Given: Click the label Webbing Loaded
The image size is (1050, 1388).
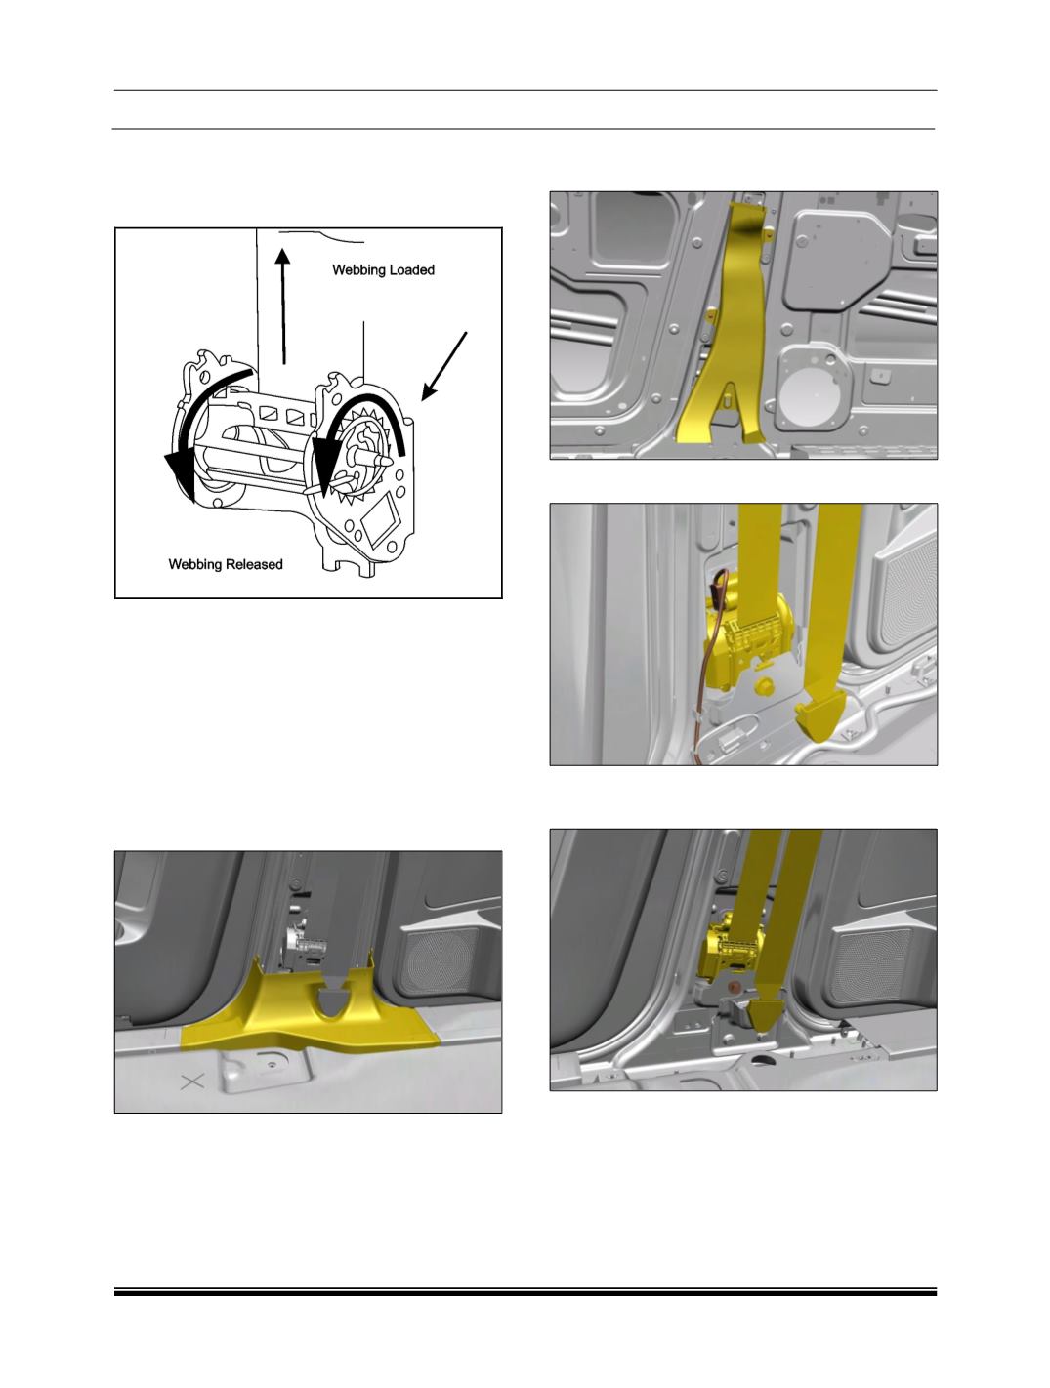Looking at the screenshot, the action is pos(383,270).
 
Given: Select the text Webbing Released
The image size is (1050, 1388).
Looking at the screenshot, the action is pos(226,564).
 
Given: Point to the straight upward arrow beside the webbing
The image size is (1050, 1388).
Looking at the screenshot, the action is pos(283,306).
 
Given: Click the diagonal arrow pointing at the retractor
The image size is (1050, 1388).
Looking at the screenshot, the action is pos(444,366).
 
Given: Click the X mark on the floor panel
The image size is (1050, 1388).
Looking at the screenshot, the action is pos(192,1082).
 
